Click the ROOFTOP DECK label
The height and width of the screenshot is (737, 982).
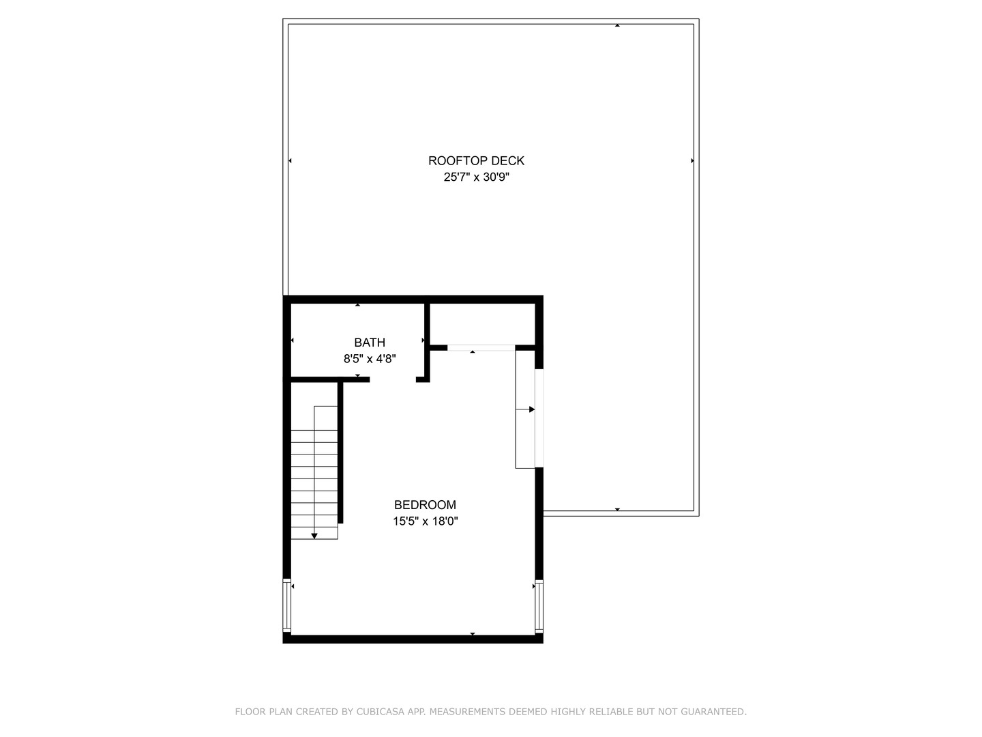[476, 161]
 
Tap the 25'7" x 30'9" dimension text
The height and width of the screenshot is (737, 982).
[476, 177]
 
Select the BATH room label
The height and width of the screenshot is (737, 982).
[370, 343]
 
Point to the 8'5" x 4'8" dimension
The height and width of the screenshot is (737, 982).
[370, 358]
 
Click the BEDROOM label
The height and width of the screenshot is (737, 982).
[425, 505]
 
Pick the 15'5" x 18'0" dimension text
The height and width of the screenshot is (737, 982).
[425, 521]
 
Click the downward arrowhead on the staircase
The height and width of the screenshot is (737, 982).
[314, 536]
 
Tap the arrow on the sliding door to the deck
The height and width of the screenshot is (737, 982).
[531, 409]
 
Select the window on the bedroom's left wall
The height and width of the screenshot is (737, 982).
[287, 605]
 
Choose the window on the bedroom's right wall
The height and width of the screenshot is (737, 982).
[539, 605]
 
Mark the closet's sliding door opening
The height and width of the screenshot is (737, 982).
[481, 348]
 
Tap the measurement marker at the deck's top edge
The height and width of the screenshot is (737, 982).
[617, 25]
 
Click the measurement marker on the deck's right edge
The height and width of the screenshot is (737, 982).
[692, 161]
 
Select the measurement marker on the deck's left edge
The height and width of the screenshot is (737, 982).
[290, 161]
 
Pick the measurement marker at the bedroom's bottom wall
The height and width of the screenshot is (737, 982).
[473, 635]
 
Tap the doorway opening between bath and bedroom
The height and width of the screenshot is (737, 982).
[393, 379]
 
